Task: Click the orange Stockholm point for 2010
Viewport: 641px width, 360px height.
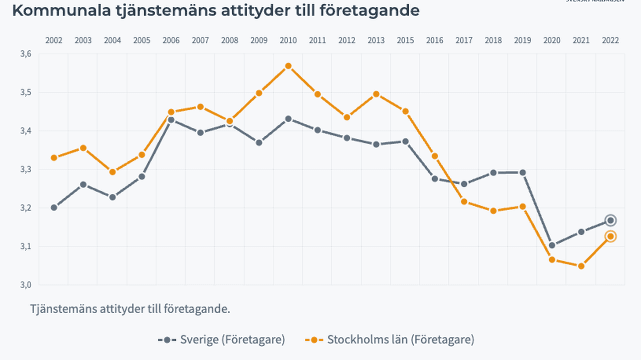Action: pyautogui.click(x=288, y=66)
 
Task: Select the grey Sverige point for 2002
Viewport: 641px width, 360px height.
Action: pyautogui.click(x=54, y=208)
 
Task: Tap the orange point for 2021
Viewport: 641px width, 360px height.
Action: pyautogui.click(x=581, y=266)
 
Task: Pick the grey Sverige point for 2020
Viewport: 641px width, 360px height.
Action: pyautogui.click(x=552, y=245)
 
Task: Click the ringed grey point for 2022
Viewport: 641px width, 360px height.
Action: pyautogui.click(x=610, y=220)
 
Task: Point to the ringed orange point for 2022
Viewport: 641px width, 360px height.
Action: pyautogui.click(x=610, y=236)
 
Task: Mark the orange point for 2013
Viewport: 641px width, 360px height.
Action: pyautogui.click(x=376, y=94)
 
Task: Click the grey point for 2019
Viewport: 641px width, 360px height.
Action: pyautogui.click(x=522, y=172)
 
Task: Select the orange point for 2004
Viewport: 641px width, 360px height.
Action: pyautogui.click(x=113, y=172)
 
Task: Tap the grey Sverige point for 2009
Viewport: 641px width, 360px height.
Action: pyautogui.click(x=259, y=142)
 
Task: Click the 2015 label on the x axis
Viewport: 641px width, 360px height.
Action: pyautogui.click(x=405, y=40)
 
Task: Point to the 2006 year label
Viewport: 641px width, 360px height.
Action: pyautogui.click(x=171, y=40)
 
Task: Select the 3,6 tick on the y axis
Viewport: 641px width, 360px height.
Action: pyautogui.click(x=26, y=54)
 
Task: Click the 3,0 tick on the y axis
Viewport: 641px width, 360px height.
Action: pyautogui.click(x=26, y=285)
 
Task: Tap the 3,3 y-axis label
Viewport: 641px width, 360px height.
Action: pyautogui.click(x=26, y=169)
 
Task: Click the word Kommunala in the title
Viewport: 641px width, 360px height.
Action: pyautogui.click(x=61, y=10)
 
